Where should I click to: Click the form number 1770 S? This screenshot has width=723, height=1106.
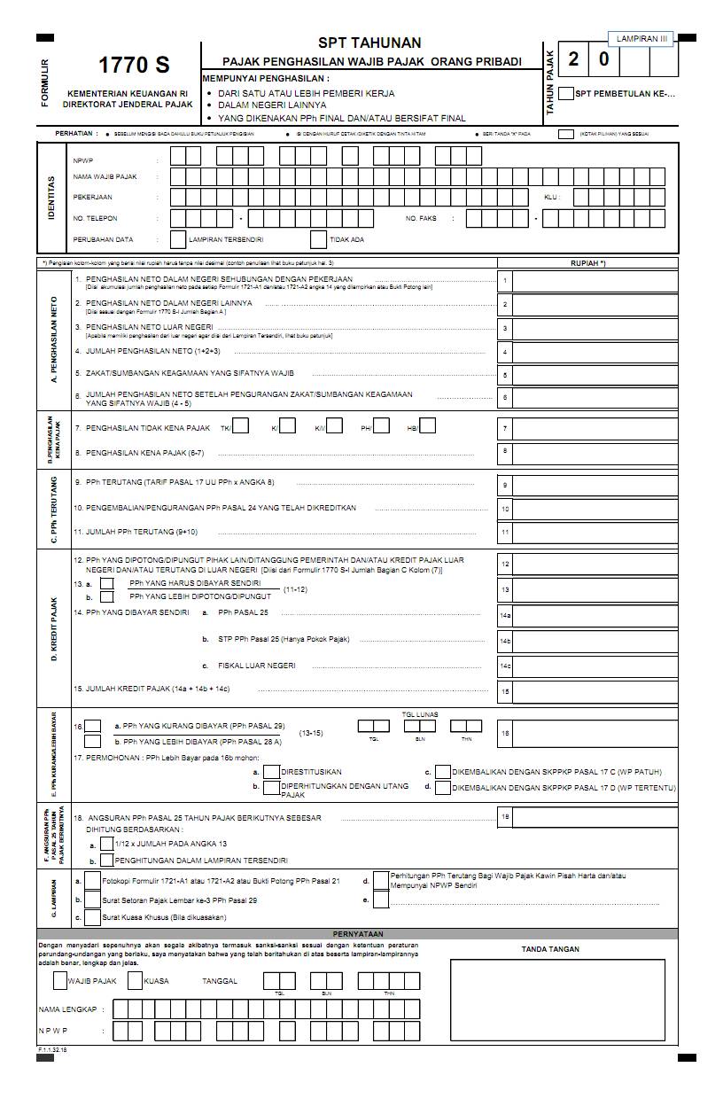(134, 65)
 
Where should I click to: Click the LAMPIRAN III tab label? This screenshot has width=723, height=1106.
(641, 39)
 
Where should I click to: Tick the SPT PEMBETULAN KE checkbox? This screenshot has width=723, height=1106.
(566, 93)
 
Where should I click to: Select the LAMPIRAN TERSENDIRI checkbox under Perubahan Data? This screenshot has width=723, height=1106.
(177, 239)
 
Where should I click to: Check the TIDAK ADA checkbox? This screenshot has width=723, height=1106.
(318, 239)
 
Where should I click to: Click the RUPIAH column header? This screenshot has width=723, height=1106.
(588, 263)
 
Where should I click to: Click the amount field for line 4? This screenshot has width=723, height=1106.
(588, 352)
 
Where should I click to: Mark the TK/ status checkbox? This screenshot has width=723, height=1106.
(240, 426)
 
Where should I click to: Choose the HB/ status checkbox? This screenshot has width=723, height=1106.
(427, 426)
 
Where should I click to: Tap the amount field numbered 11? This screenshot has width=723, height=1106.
(588, 533)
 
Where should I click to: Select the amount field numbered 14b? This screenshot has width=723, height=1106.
(588, 640)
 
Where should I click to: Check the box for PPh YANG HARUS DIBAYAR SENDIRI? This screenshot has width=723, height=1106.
(107, 584)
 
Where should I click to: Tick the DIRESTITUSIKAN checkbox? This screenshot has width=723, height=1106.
(273, 772)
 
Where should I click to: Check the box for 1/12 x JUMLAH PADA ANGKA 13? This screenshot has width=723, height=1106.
(107, 845)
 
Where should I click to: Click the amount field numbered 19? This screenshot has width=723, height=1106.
(588, 817)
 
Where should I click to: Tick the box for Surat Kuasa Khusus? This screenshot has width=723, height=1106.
(92, 918)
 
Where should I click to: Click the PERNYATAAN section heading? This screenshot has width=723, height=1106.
(358, 934)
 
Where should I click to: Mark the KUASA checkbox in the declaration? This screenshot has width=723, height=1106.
(136, 981)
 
